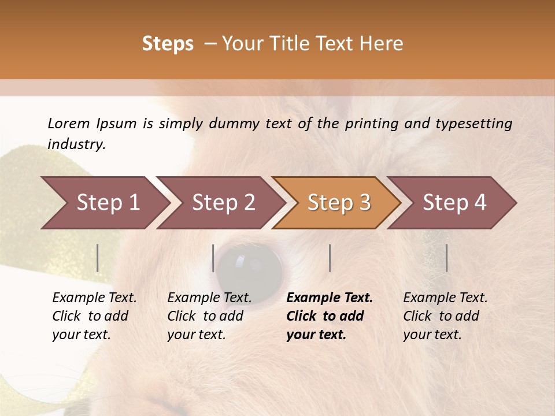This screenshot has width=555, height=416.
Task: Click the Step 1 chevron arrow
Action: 104,203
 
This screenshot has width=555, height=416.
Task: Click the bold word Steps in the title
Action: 168,44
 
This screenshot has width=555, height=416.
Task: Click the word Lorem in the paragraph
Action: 68,124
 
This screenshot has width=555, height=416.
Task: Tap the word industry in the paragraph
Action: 76,144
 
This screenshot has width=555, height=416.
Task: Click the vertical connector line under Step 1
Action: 98,258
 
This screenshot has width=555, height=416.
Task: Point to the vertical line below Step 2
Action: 213,258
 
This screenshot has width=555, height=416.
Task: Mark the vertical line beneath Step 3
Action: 330,258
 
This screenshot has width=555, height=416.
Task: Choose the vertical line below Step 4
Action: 446,258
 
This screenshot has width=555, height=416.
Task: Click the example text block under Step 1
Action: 94,316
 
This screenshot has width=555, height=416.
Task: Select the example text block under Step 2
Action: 209,316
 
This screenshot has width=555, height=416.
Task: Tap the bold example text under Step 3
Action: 330,316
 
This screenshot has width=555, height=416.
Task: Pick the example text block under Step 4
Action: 445,316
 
